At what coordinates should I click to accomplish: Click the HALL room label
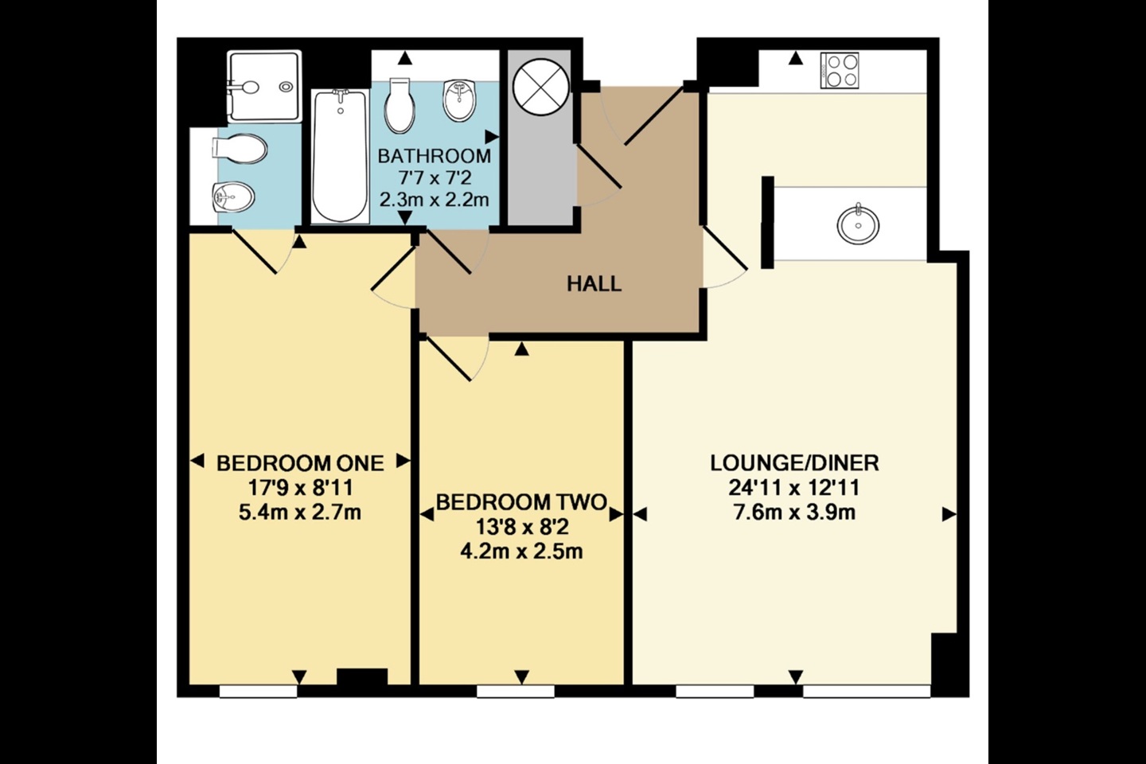coord(594,283)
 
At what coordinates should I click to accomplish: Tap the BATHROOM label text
coord(434,155)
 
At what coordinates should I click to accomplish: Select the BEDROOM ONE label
coord(300,462)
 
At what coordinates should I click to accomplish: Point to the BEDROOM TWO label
coord(521,502)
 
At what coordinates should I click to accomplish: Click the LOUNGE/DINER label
coord(794,462)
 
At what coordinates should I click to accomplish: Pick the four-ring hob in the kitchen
coord(840,70)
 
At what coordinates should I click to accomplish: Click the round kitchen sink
coord(859,224)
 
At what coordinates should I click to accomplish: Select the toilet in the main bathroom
coord(400,106)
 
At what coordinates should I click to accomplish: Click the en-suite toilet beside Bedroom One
coord(239,148)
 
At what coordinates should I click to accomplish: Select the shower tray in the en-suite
coord(264,86)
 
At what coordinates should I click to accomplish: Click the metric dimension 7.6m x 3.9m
coord(794,512)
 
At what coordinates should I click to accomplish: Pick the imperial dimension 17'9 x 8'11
coord(300,487)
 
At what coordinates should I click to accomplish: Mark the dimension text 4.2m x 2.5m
coord(521,551)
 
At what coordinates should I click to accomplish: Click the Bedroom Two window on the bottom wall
coord(515,692)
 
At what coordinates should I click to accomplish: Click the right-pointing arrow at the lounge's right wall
coord(948,515)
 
